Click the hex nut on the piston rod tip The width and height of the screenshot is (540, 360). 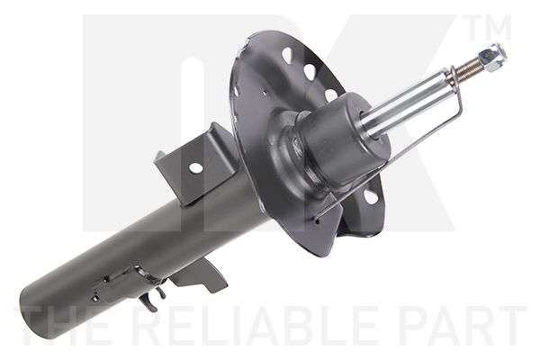491,57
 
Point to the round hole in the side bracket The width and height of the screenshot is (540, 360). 195,168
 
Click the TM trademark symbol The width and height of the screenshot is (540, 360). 490,28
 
